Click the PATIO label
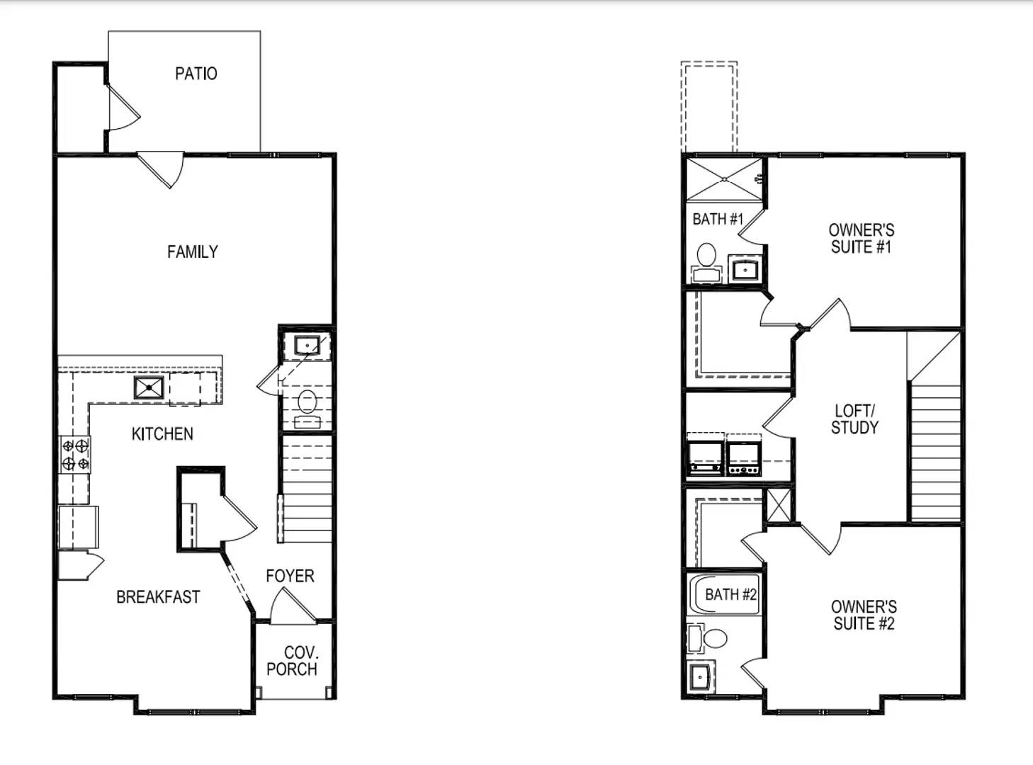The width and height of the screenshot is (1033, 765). click(196, 74)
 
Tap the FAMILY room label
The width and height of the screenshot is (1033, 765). click(192, 252)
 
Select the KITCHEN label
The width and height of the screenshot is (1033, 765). click(162, 434)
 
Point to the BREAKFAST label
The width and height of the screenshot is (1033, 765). click(158, 597)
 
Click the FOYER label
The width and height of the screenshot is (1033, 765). click(290, 576)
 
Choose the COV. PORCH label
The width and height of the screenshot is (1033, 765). click(293, 661)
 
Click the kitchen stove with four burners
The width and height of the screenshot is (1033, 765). click(75, 455)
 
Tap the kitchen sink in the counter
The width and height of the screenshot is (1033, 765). click(149, 387)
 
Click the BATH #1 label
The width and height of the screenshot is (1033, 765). click(718, 219)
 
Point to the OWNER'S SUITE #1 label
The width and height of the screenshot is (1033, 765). click(861, 239)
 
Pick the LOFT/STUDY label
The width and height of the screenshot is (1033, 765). click(854, 419)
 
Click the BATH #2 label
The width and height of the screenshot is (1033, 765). click(730, 594)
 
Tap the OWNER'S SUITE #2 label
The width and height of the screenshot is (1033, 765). click(864, 615)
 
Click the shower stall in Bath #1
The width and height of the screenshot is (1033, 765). click(724, 179)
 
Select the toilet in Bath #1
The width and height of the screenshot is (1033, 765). click(706, 263)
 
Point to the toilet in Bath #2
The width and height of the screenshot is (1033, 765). click(708, 638)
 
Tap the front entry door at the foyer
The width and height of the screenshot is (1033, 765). click(292, 606)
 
